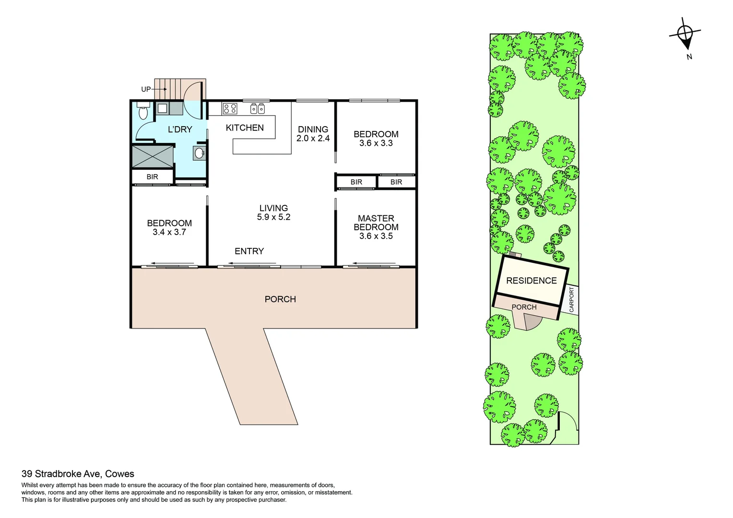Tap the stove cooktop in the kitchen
[230, 109]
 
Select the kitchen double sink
[258, 109]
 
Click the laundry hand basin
[200, 153]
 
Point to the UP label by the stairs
[146, 89]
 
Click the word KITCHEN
[245, 128]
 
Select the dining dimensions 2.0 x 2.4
[313, 138]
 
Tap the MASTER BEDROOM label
[376, 223]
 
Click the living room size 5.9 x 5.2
[273, 217]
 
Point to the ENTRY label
[249, 251]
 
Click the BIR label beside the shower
[152, 177]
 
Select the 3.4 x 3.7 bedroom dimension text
[169, 232]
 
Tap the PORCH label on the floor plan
[280, 299]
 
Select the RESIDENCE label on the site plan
[531, 281]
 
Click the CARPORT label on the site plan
[571, 300]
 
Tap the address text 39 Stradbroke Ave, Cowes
[78, 474]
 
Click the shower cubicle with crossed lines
[153, 156]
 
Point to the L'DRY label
[180, 129]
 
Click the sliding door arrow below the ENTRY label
[252, 263]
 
